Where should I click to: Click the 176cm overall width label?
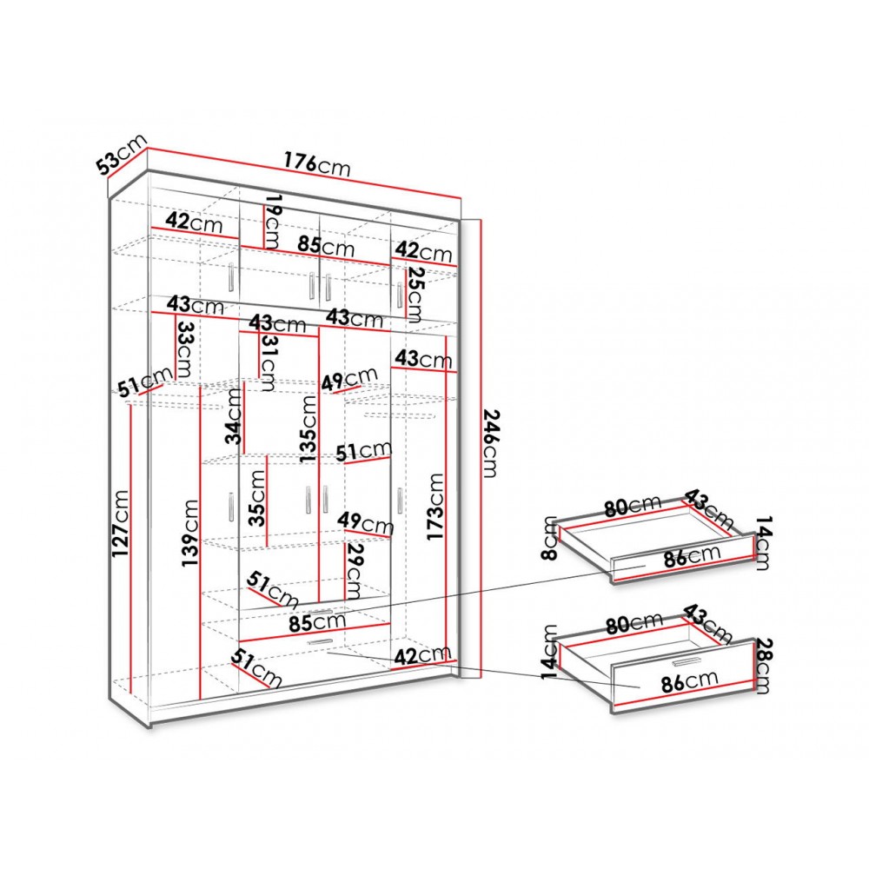point(317,163)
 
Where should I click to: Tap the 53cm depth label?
point(122,154)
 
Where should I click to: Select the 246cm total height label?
point(492,443)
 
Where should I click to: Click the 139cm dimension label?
point(189,533)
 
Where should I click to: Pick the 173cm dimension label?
point(435,507)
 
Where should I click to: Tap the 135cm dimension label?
point(308,429)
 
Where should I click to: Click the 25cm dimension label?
point(415,295)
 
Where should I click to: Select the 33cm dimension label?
point(184,349)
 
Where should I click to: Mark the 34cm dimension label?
point(234,416)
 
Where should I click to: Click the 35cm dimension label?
point(257,498)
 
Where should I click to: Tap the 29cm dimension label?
point(354,572)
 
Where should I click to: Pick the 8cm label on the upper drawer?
point(550,538)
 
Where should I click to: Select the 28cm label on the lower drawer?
point(763,666)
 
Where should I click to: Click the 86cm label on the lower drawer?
point(689,681)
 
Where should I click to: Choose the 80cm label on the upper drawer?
point(633,505)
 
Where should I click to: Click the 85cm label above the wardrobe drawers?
point(317,622)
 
